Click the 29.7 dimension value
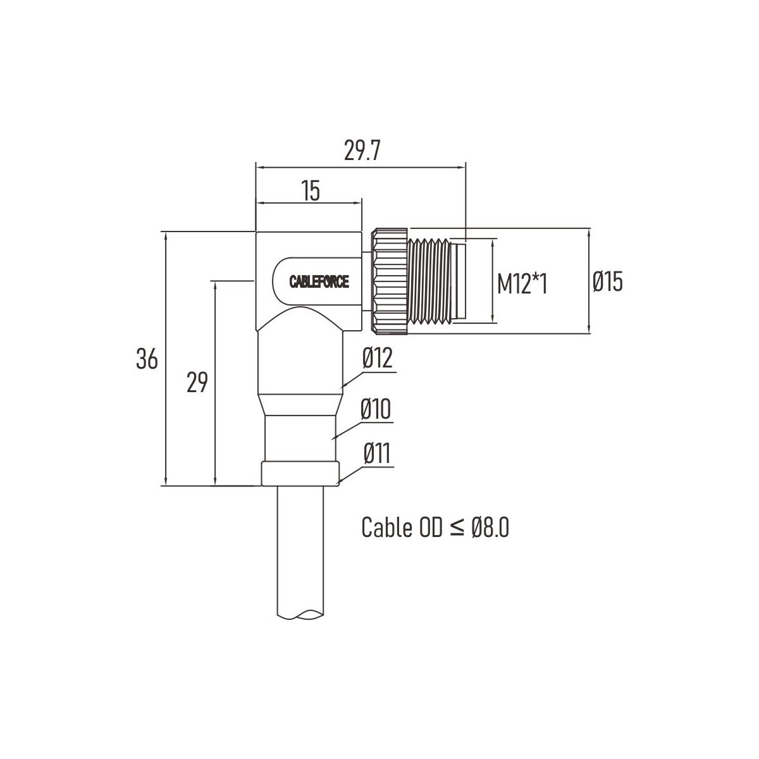pyautogui.click(x=362, y=151)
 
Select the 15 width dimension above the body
pyautogui.click(x=311, y=190)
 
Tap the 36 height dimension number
pyautogui.click(x=147, y=359)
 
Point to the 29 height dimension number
pyautogui.click(x=197, y=382)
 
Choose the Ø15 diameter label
pyautogui.click(x=608, y=281)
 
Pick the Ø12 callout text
pyautogui.click(x=378, y=357)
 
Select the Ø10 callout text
pyautogui.click(x=375, y=409)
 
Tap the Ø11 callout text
pyautogui.click(x=377, y=454)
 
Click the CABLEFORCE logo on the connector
pyautogui.click(x=319, y=281)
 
